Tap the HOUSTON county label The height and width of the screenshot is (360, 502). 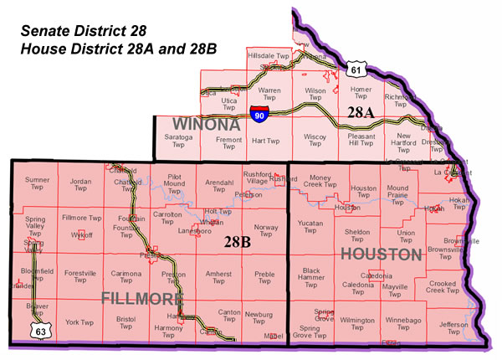tap(382, 254)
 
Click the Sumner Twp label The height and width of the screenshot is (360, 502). tap(37, 185)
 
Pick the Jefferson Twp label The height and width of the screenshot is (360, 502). tap(453, 328)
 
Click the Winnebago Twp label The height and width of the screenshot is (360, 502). tap(402, 324)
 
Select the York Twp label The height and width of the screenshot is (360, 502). tap(79, 322)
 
